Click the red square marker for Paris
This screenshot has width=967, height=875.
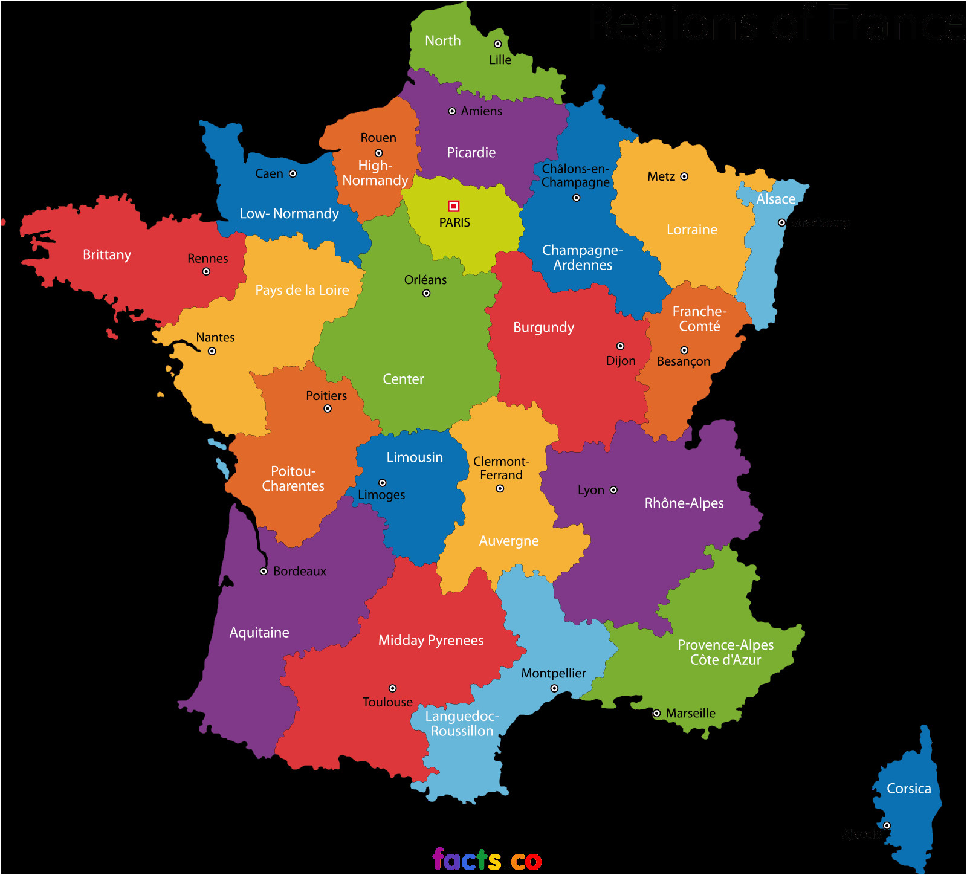454,206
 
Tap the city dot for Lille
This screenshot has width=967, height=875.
497,44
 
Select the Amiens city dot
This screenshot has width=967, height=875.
452,111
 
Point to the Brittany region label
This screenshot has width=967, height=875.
107,255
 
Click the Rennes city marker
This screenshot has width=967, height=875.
206,272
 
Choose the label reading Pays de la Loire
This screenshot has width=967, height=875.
302,290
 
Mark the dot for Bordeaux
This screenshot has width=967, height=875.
264,571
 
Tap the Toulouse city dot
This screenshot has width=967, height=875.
392,688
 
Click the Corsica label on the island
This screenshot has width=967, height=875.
908,789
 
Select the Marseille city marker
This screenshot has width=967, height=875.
656,714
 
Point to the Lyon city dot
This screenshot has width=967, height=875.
613,490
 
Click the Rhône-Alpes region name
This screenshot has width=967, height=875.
684,503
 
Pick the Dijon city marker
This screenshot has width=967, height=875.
620,346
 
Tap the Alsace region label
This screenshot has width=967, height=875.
775,199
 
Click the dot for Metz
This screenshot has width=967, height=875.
684,176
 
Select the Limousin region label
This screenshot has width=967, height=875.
415,457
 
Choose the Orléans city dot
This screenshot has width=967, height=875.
426,294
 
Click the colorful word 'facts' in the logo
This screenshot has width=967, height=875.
466,860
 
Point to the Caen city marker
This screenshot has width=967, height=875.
293,173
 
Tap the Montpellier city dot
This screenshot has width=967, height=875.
554,688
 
